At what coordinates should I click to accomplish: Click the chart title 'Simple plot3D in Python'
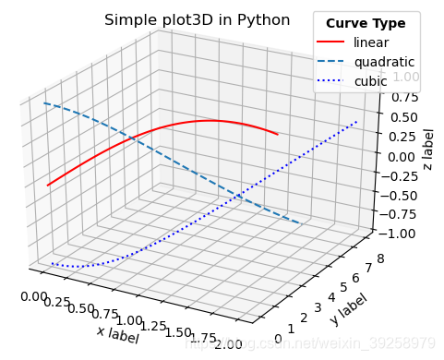coord(197,19)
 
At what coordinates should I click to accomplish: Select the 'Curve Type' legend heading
coord(366,23)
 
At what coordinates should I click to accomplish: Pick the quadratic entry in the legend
coord(383,62)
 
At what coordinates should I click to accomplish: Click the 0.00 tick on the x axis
coord(33,294)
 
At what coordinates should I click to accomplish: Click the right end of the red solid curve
coord(278,134)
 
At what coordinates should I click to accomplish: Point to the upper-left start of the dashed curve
coord(44,103)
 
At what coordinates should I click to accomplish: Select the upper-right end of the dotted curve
coord(356,121)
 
